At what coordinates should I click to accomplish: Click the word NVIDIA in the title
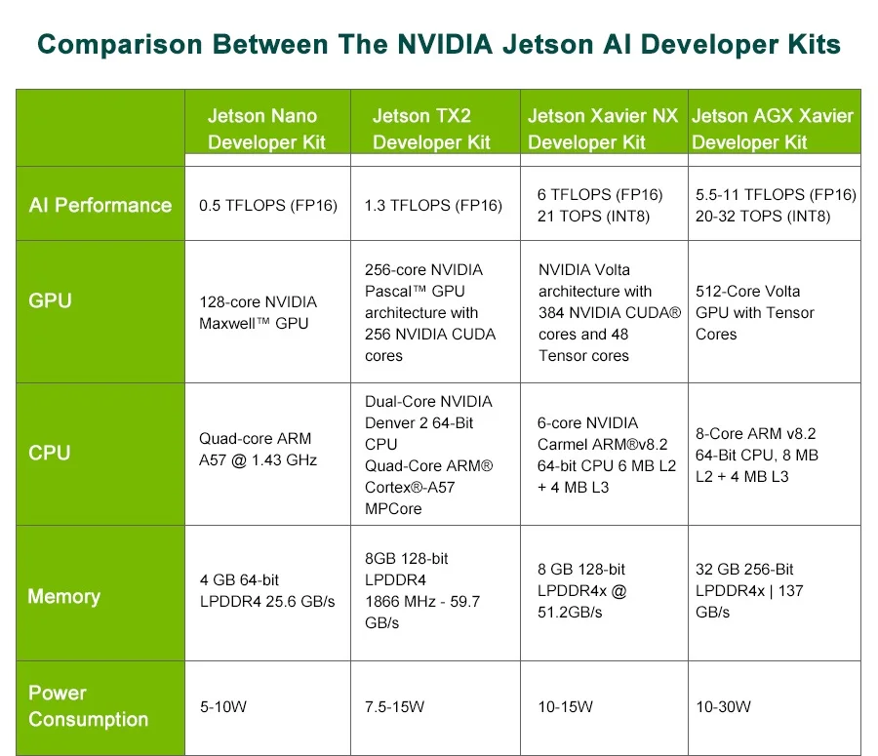click(x=448, y=45)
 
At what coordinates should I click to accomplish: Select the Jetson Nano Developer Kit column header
click(x=265, y=129)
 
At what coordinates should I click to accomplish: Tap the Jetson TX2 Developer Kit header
click(x=430, y=129)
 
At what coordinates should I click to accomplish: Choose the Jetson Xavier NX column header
click(x=602, y=129)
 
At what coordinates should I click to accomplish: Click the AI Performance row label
click(x=100, y=205)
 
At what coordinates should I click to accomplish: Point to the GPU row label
click(x=51, y=300)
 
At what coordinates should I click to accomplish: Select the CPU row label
click(x=50, y=453)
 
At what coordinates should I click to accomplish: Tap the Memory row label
click(x=63, y=596)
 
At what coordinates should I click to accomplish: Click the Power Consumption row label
click(x=88, y=706)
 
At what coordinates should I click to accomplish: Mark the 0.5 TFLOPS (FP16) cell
click(x=267, y=205)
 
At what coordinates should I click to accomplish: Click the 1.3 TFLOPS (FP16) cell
click(x=433, y=205)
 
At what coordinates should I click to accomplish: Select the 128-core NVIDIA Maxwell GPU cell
click(x=258, y=312)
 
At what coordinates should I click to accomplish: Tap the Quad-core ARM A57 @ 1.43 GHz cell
click(x=257, y=449)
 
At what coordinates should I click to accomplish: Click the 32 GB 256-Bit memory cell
click(x=750, y=590)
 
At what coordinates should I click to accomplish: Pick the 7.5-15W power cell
click(x=394, y=706)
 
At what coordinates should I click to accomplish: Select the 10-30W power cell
click(x=723, y=706)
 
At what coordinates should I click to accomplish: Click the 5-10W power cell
click(x=222, y=706)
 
